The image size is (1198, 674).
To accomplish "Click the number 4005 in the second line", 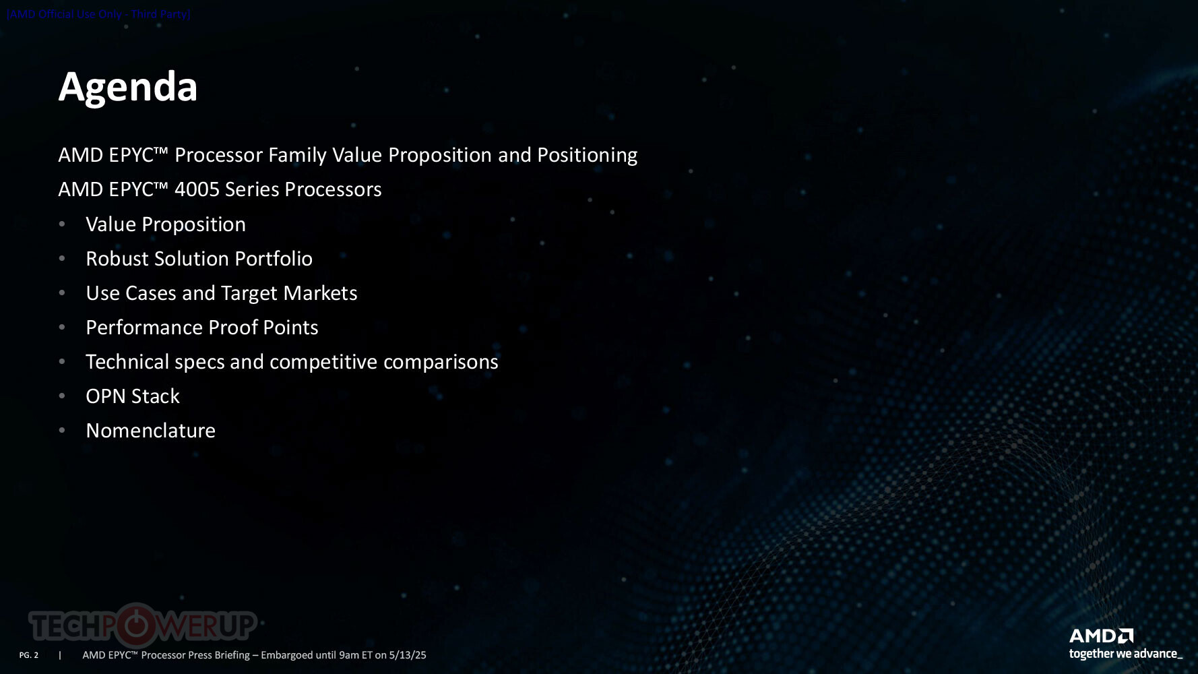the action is coord(197,189).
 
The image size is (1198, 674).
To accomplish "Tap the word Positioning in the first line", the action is coord(587,156).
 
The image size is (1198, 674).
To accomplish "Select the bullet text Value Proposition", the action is coord(166,224).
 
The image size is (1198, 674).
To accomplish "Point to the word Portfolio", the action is coord(274,259).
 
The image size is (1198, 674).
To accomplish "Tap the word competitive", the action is coord(323,363).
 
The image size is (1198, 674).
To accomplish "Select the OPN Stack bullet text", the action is coord(133,396).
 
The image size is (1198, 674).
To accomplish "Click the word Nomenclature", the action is coord(151,431).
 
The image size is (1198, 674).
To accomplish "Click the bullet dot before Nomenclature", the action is coord(62,431).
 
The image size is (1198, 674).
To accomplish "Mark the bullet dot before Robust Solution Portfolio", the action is coord(62,259).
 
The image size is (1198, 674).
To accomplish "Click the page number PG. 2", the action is coord(29,655).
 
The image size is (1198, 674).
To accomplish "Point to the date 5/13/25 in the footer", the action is coord(408,655).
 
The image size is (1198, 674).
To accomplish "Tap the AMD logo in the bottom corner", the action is coord(1101,636).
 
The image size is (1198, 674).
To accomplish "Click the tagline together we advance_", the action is coord(1125,654).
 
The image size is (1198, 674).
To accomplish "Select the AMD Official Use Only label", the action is coord(99,14).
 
